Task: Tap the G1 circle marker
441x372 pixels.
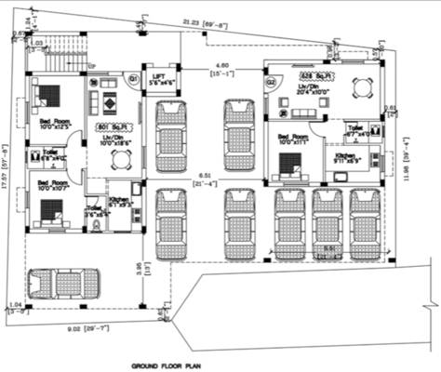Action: coord(133,78)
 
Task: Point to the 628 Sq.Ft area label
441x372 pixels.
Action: coord(311,74)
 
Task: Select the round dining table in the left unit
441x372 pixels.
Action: coord(119,160)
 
